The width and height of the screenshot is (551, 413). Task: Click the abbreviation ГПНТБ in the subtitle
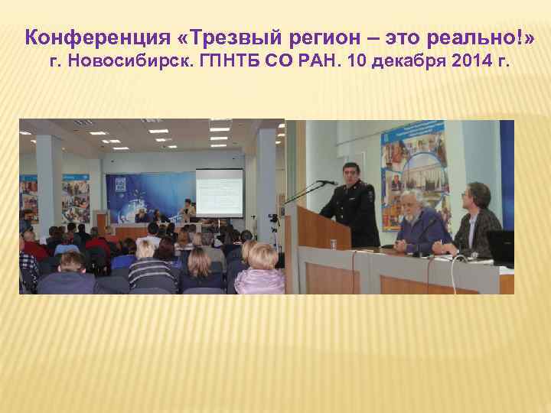pyautogui.click(x=230, y=61)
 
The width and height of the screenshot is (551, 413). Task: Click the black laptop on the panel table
pyautogui.click(x=500, y=248)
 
